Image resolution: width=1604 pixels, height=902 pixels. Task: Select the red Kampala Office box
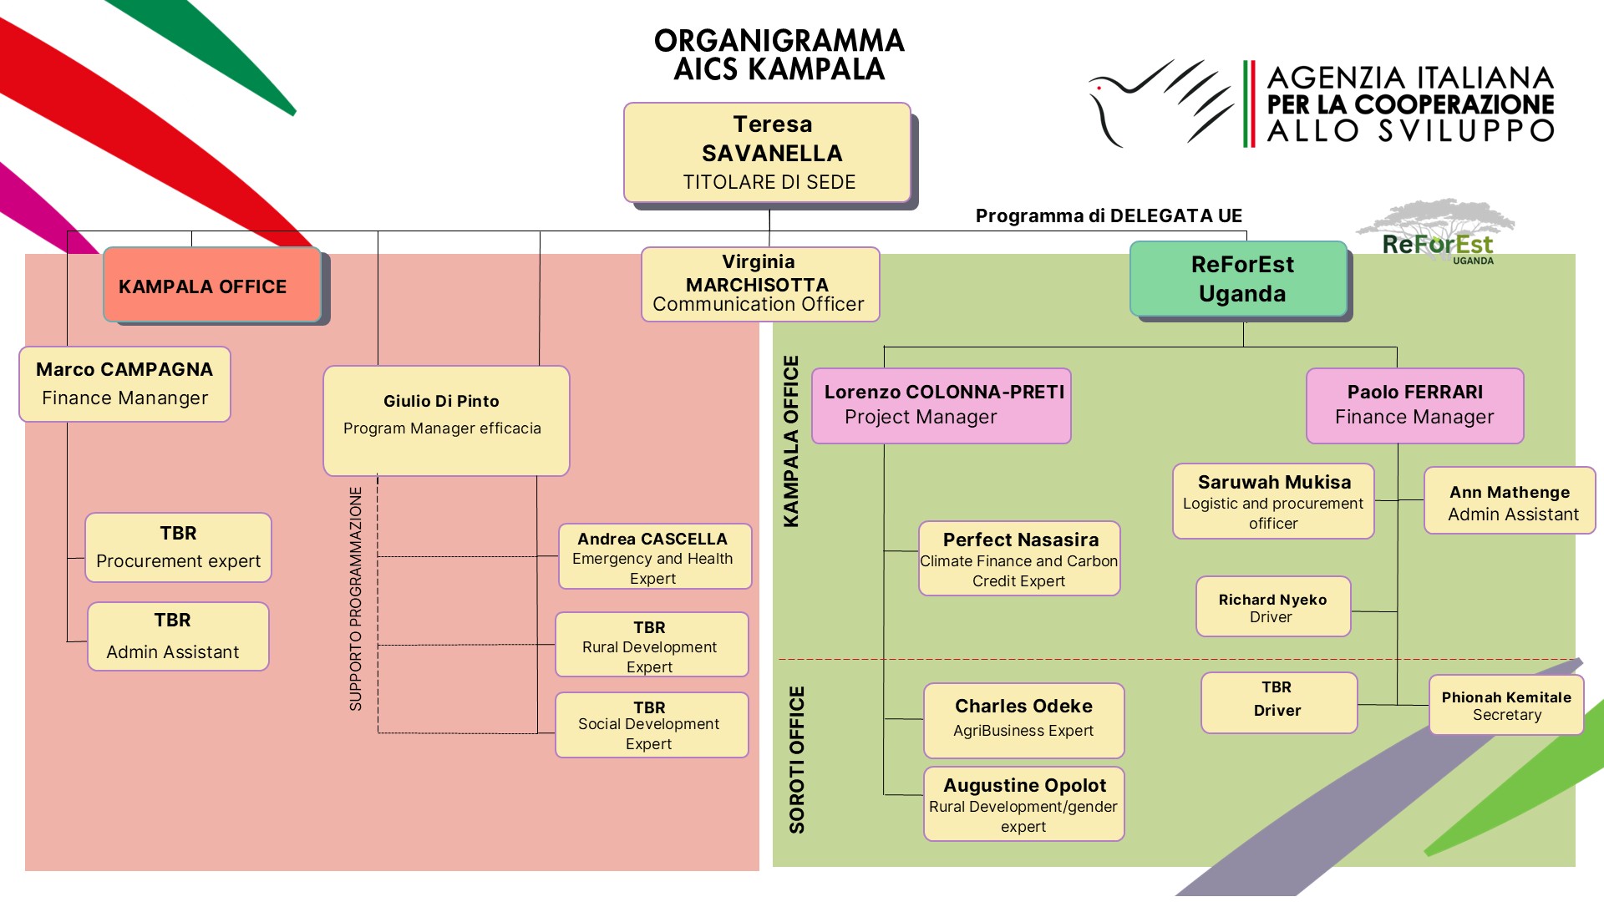(x=212, y=286)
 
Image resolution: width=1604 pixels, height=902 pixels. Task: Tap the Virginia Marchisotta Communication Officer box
(x=759, y=284)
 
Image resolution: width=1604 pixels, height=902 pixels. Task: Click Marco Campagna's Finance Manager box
(x=124, y=384)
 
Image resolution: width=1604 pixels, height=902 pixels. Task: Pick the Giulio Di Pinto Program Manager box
(x=446, y=420)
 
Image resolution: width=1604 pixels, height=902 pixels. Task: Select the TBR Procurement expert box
(x=178, y=547)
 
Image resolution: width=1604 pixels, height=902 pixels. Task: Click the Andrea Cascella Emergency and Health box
(x=654, y=557)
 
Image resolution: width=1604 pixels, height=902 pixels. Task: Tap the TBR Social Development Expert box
(x=651, y=725)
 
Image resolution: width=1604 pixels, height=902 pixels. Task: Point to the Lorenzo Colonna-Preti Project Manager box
(x=941, y=405)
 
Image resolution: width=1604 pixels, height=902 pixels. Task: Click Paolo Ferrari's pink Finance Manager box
(x=1414, y=405)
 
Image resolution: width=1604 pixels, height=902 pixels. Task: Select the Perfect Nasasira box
(x=1018, y=559)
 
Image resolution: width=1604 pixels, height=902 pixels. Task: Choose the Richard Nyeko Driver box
(x=1272, y=607)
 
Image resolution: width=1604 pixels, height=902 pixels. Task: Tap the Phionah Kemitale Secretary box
(x=1505, y=706)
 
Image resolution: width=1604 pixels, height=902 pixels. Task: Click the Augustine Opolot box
(x=1023, y=804)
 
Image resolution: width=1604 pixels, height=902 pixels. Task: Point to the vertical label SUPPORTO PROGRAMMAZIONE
(x=356, y=598)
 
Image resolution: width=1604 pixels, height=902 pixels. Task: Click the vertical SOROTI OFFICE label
(x=797, y=759)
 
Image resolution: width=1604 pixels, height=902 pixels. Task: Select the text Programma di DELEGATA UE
(x=1109, y=215)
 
